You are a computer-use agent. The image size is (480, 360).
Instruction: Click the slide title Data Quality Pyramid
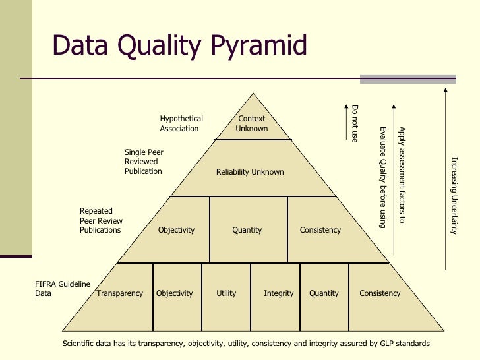(180, 46)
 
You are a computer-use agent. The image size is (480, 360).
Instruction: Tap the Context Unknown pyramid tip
(252, 123)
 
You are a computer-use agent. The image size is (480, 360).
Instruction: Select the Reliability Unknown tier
(250, 172)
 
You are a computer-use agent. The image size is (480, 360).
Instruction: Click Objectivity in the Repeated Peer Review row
(176, 230)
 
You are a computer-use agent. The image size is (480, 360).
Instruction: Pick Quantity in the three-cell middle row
(247, 230)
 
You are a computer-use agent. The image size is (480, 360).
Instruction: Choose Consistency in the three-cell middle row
(320, 230)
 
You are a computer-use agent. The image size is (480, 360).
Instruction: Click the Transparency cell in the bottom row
(119, 293)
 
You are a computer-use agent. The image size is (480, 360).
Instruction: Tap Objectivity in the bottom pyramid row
(175, 293)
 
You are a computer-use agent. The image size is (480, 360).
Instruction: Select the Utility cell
(226, 293)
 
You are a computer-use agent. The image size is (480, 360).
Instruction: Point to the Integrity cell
(278, 293)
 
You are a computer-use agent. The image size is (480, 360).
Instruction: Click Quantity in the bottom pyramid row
(324, 293)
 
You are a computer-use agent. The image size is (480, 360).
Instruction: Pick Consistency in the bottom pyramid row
(380, 293)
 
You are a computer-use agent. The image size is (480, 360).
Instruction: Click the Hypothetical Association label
(181, 123)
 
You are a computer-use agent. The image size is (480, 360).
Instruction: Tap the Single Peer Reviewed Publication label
(144, 162)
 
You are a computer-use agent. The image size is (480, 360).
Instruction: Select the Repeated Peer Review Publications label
(101, 221)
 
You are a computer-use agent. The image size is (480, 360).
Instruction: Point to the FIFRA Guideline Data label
(62, 289)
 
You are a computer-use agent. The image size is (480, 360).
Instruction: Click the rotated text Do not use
(355, 124)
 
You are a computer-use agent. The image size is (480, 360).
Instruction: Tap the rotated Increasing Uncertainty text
(454, 195)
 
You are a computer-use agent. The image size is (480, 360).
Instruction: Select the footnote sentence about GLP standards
(245, 344)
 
